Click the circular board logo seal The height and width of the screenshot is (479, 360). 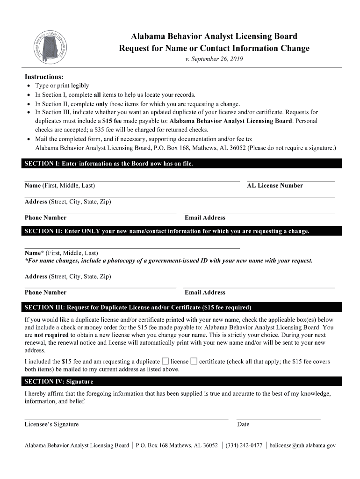[x=52, y=47]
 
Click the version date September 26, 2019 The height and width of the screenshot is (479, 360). [x=214, y=59]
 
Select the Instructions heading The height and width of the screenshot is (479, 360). [x=44, y=77]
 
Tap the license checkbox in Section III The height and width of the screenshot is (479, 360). [x=165, y=361]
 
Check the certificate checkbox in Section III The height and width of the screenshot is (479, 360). [x=194, y=361]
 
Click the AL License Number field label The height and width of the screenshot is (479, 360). [x=275, y=186]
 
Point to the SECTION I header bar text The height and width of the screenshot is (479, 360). [x=108, y=164]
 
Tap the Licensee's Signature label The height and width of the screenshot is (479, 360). [x=51, y=424]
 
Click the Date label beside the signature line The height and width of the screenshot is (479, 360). [x=243, y=424]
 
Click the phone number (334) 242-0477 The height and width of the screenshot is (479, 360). [x=244, y=445]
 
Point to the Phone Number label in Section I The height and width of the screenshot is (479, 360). [x=45, y=218]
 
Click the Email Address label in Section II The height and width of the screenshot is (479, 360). [x=205, y=292]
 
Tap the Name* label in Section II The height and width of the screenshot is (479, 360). [x=34, y=253]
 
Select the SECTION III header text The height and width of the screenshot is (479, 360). [x=138, y=307]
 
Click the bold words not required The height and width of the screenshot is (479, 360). [x=51, y=335]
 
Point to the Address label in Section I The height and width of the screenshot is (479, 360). [x=36, y=202]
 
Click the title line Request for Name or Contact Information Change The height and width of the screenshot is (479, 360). [x=214, y=49]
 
